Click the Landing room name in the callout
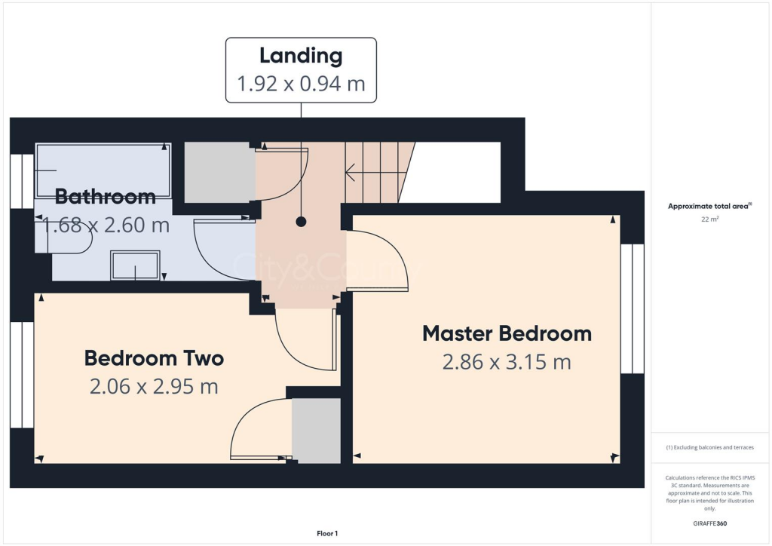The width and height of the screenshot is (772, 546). pos(301,55)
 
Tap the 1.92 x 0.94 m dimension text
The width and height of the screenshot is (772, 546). pos(301,83)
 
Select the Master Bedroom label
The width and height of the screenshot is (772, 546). pos(507,333)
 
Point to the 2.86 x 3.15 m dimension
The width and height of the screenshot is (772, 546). pos(507,362)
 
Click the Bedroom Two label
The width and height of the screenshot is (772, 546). pos(154,357)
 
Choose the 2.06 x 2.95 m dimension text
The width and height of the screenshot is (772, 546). pos(154,386)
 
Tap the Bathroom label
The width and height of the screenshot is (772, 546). pos(106,197)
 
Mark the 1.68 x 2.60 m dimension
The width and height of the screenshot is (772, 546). pos(106,225)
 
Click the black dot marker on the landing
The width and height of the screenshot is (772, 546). pos(301,222)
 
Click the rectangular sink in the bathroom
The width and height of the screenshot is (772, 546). pos(135,265)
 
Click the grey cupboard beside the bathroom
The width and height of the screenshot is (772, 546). pos(217,172)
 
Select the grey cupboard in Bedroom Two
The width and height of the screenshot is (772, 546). pos(316,431)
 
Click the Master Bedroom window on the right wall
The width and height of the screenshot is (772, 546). pos(632,308)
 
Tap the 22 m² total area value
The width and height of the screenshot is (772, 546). pos(709,219)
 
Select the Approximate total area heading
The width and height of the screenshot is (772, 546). pos(709,206)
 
